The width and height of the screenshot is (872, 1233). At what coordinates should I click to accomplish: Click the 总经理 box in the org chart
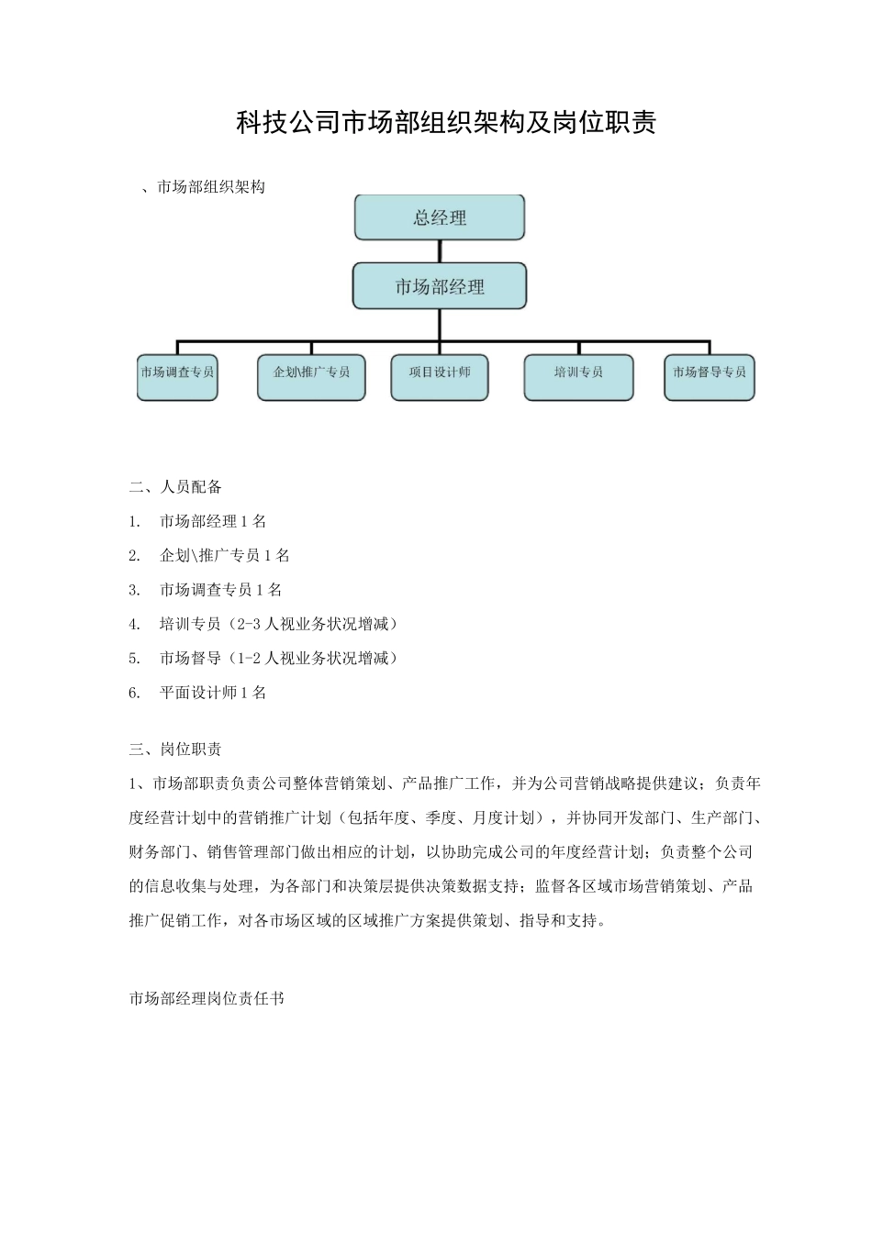tap(440, 218)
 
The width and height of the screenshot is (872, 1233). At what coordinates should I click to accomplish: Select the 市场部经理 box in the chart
tap(440, 287)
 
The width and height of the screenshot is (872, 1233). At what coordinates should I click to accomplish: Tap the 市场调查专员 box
tap(177, 377)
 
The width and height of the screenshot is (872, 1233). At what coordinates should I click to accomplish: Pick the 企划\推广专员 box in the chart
tap(311, 377)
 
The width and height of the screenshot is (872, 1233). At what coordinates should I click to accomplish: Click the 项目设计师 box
tap(440, 377)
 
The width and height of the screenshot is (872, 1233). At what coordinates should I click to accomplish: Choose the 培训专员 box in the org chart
tap(578, 377)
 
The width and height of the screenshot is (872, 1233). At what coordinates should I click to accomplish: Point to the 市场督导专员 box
tap(709, 377)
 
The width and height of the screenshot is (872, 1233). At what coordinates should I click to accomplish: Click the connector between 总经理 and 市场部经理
tap(440, 251)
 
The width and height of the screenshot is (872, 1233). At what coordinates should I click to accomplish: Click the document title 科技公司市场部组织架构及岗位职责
tap(446, 123)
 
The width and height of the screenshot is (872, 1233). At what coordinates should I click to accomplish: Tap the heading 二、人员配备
tap(175, 486)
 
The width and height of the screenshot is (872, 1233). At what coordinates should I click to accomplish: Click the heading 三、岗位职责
tap(175, 750)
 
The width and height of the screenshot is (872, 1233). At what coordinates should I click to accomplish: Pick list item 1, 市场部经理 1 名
tap(213, 521)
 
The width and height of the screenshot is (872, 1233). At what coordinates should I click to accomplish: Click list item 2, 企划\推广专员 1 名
tap(224, 555)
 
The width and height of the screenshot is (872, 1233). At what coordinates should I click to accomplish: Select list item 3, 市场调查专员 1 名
tap(220, 590)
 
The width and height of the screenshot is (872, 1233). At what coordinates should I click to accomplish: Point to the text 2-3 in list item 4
tap(249, 624)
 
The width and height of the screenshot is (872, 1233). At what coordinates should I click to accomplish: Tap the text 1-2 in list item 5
tap(249, 658)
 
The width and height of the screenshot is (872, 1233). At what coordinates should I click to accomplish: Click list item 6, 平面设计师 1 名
tap(213, 693)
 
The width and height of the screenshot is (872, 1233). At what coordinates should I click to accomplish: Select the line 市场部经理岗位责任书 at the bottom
tap(207, 998)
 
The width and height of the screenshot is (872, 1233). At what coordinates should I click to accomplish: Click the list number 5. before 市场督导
tap(135, 658)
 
